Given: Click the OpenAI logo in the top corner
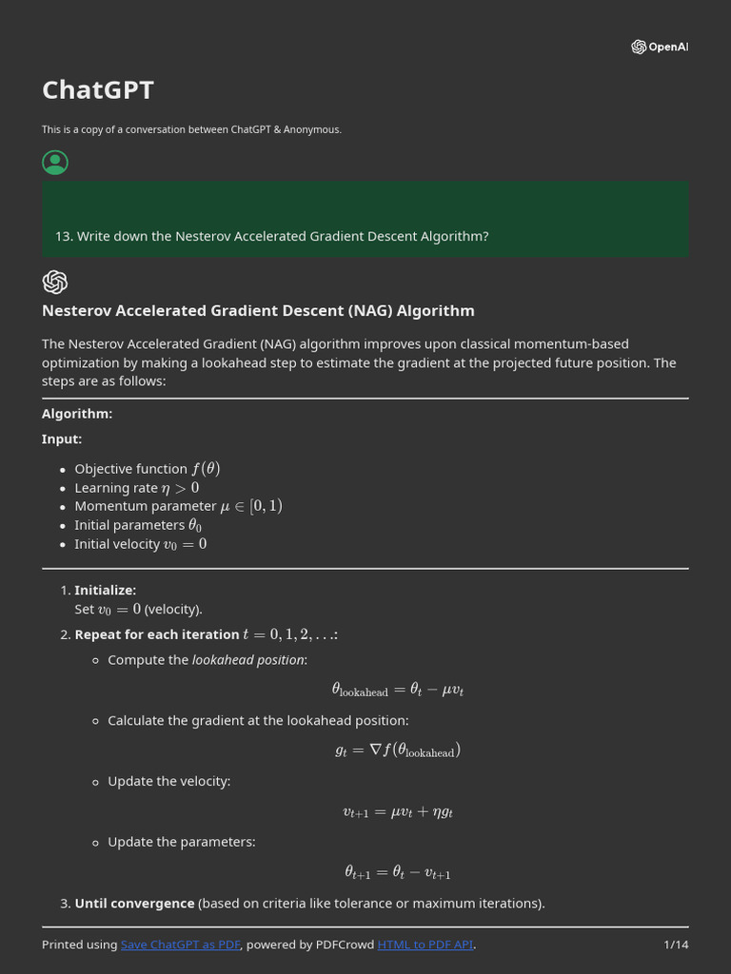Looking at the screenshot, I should click(659, 47).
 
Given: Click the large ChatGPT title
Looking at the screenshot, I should click(98, 89).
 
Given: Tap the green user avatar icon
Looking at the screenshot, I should click(55, 163).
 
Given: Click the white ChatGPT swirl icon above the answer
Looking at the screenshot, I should click(55, 282).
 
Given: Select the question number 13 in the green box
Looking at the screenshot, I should click(64, 236).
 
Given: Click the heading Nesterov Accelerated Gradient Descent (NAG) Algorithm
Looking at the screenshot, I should click(258, 311).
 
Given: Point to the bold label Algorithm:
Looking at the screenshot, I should click(77, 414).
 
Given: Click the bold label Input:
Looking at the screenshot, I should click(62, 439).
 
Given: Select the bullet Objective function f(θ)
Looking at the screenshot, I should click(147, 469).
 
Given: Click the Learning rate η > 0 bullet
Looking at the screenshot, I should click(137, 488).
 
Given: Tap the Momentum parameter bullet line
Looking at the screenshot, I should click(178, 506).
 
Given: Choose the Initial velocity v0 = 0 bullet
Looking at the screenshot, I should click(140, 544).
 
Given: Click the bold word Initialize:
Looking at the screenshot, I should click(105, 591).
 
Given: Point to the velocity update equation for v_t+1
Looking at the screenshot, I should click(397, 812).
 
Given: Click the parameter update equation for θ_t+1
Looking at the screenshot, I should click(397, 872).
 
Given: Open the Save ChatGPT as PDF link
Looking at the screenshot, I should click(181, 945).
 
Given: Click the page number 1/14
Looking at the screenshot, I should click(676, 945).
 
